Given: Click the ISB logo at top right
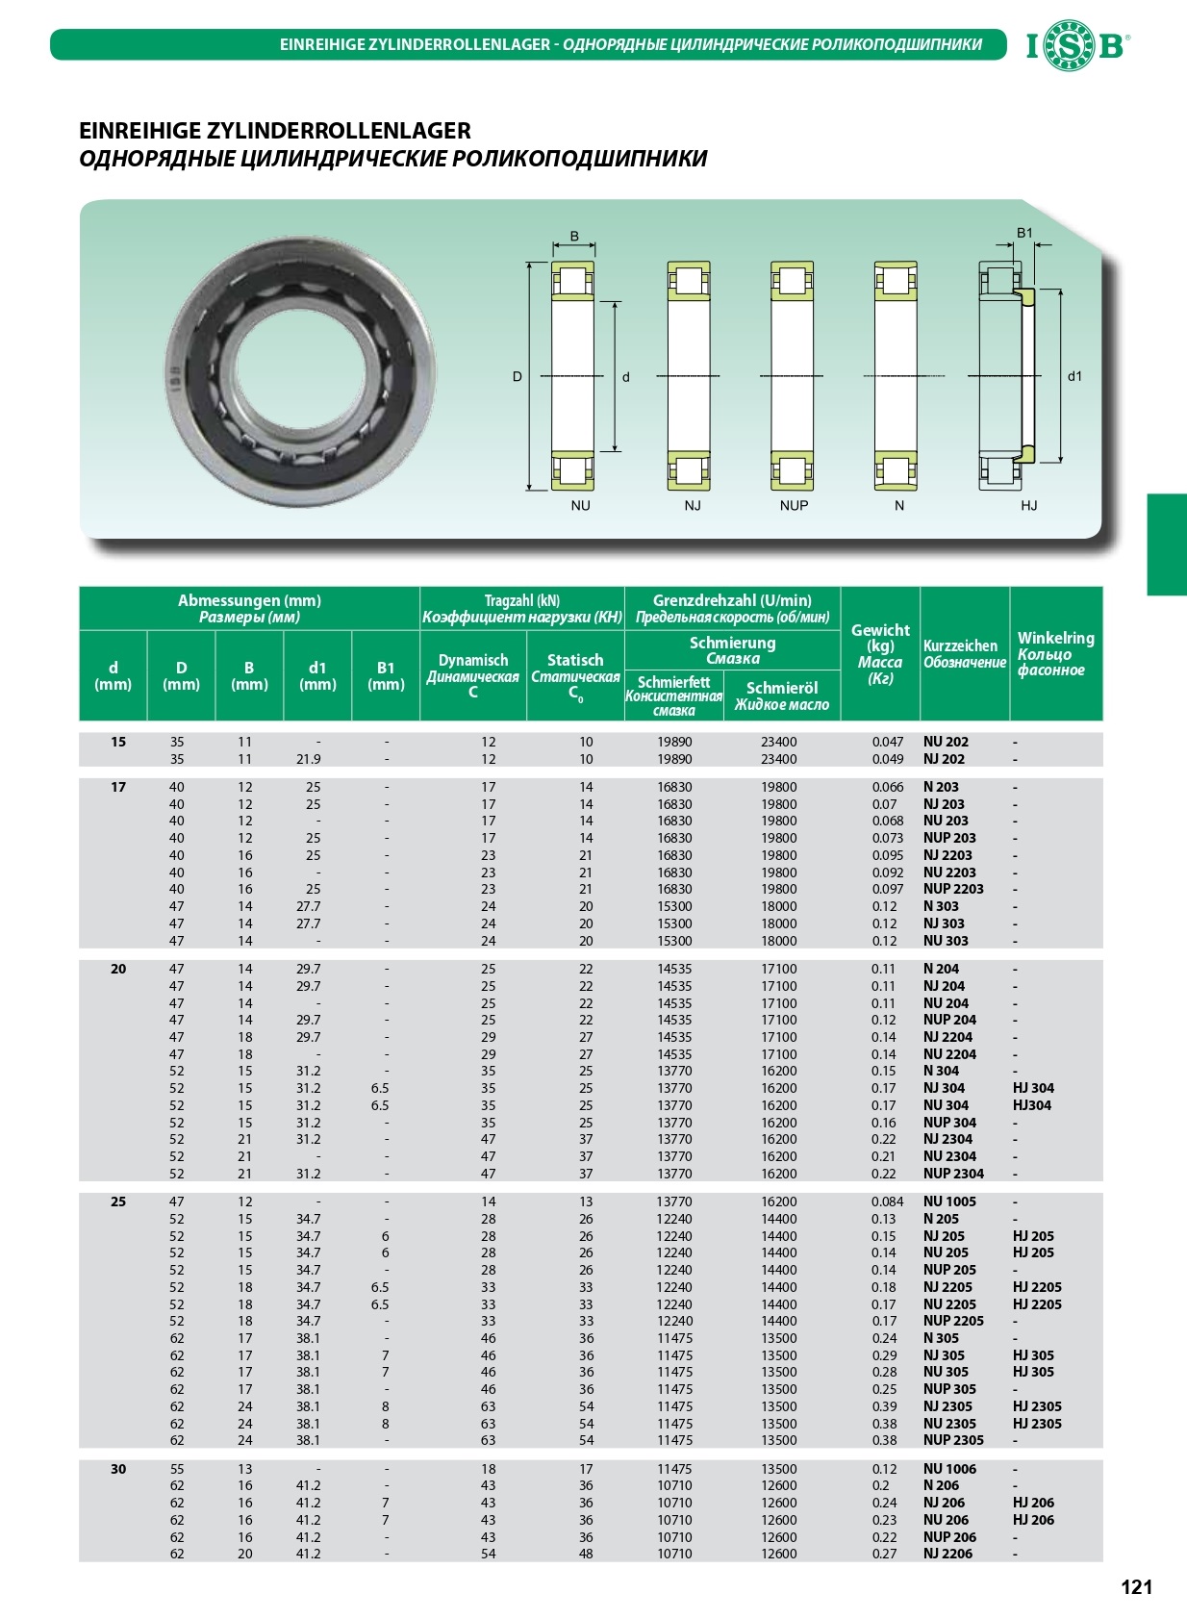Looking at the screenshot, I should (1077, 45).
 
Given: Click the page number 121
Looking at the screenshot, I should (1136, 1587).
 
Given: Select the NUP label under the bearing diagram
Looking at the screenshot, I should (794, 505).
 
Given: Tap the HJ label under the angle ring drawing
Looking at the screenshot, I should (1028, 505).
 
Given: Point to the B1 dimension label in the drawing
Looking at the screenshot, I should (1024, 233).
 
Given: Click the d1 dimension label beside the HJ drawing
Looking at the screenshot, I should (1074, 376).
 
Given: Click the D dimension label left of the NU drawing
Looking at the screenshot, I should (518, 376).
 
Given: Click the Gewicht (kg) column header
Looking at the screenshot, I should (879, 653).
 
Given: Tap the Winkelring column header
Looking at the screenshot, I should (1055, 653).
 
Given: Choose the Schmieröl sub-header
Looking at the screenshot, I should (781, 696).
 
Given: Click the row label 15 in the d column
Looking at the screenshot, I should (118, 742).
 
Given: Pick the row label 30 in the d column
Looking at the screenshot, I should (118, 1469).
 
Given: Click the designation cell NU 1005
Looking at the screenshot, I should (948, 1202).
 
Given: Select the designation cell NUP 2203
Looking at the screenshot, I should (952, 889).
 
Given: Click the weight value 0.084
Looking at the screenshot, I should (887, 1202).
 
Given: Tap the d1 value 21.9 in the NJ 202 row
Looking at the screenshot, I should (308, 759).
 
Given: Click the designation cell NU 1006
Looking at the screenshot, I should (948, 1469).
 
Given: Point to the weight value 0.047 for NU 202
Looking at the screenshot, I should (887, 742).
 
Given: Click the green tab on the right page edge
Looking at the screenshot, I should (1166, 544).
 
